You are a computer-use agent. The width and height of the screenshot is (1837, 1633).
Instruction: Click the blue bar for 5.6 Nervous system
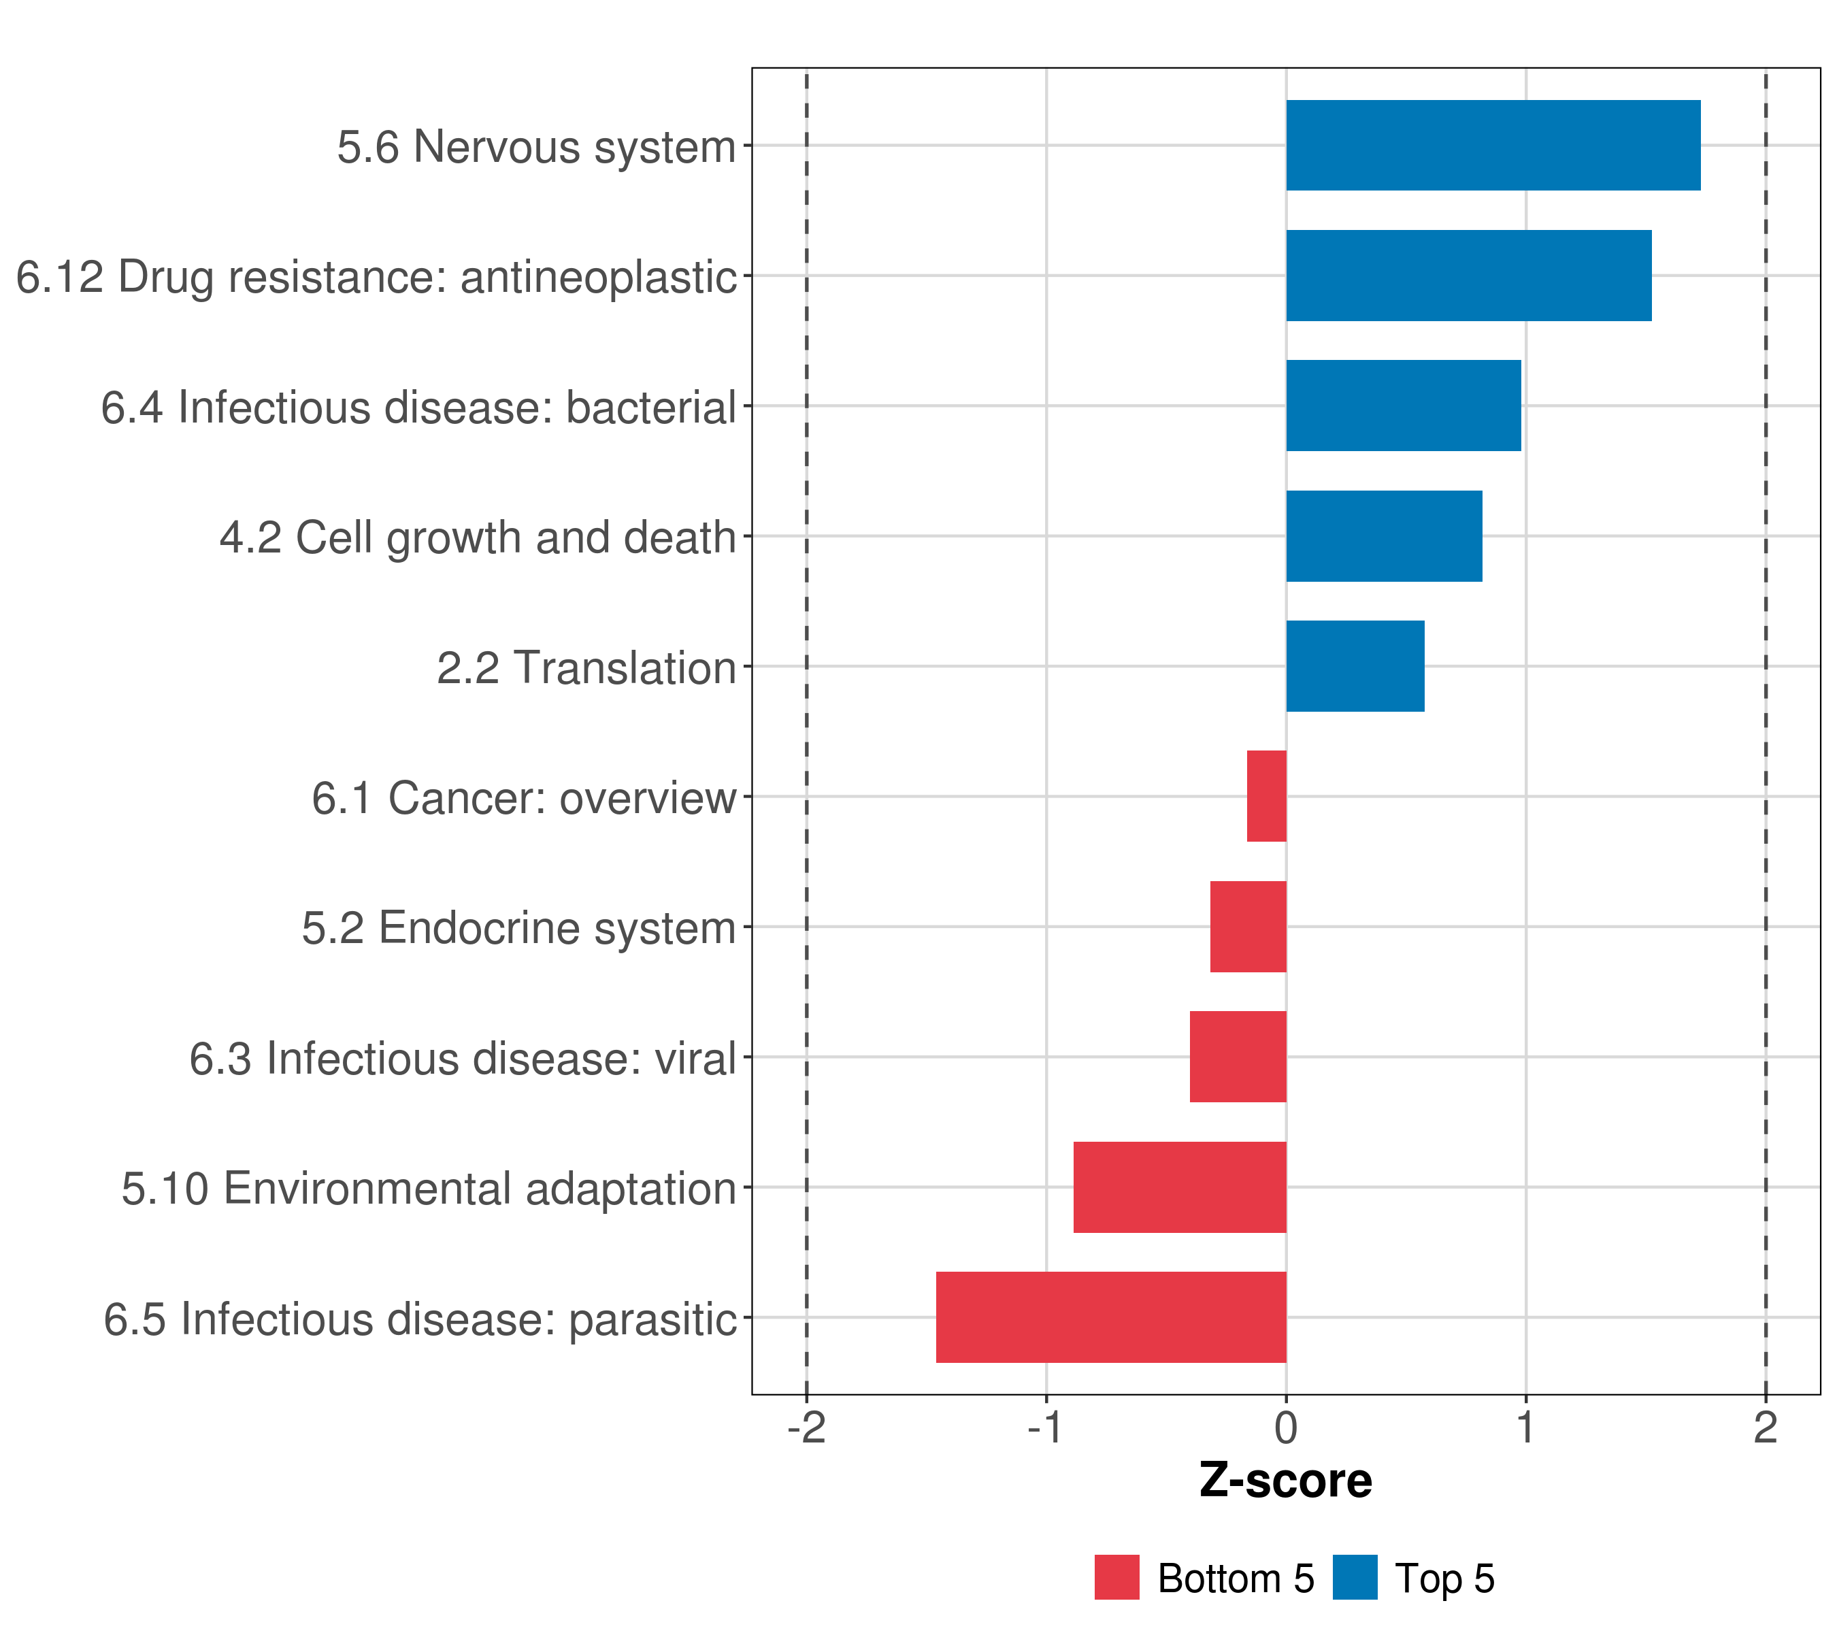click(x=1493, y=146)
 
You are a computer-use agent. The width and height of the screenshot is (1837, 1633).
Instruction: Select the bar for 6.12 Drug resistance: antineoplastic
click(x=1468, y=276)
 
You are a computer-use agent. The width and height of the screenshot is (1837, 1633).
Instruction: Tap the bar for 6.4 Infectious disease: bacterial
click(x=1403, y=406)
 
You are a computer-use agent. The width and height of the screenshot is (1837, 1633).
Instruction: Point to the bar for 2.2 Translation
click(x=1355, y=666)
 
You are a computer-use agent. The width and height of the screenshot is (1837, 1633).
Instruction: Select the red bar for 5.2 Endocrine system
click(x=1248, y=927)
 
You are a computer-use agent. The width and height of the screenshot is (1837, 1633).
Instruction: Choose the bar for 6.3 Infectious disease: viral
click(x=1238, y=1057)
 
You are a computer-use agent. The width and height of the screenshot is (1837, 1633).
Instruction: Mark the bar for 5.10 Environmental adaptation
click(x=1179, y=1187)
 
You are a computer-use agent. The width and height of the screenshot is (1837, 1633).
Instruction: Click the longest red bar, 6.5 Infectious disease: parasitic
click(x=1111, y=1317)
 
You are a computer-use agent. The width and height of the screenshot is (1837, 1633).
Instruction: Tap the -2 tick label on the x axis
click(x=806, y=1428)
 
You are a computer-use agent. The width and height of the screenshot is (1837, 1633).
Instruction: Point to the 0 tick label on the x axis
click(x=1286, y=1428)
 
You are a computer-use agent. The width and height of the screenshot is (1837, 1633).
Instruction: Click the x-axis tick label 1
click(x=1525, y=1428)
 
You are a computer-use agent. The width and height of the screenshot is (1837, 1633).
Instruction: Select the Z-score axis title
click(x=1285, y=1481)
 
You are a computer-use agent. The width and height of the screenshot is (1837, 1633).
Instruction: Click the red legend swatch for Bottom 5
click(x=1116, y=1577)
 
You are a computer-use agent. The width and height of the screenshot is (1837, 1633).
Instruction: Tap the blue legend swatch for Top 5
click(x=1355, y=1577)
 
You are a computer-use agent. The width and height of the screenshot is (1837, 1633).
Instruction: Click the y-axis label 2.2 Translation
click(x=586, y=667)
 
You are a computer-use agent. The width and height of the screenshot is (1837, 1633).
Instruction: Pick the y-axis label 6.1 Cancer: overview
click(x=523, y=798)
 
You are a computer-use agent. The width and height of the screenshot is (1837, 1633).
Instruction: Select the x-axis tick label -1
click(x=1045, y=1428)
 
